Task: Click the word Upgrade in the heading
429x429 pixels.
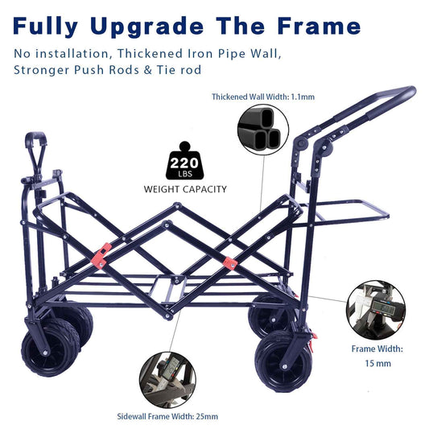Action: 147,27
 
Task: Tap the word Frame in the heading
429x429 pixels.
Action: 319,26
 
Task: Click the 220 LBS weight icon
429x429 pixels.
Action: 184,161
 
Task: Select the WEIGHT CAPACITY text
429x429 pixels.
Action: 185,189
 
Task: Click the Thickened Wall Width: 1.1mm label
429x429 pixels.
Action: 263,97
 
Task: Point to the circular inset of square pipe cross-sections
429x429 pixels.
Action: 263,130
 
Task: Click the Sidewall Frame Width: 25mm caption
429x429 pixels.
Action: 167,416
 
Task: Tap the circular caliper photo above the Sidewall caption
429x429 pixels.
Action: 167,380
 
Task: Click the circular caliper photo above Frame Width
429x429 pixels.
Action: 376,310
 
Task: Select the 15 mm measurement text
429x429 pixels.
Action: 377,363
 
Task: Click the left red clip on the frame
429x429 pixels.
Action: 101,256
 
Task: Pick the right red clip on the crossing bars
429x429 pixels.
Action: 230,263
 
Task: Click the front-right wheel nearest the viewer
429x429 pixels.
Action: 283,361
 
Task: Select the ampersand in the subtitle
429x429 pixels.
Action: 148,70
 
